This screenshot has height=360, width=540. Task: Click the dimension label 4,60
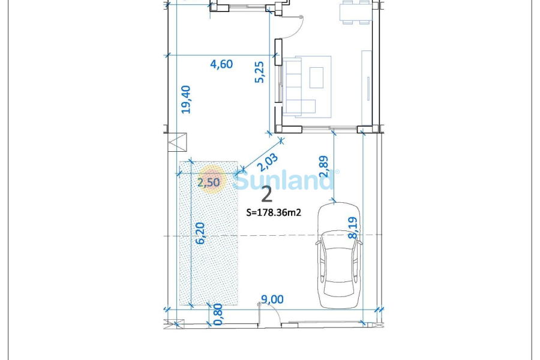click(221, 64)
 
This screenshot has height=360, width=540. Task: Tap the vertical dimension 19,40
click(186, 100)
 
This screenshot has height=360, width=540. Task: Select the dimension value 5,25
click(260, 71)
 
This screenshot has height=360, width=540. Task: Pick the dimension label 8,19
click(354, 229)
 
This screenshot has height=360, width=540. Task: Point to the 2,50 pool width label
click(209, 182)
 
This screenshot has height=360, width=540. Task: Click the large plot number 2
click(267, 194)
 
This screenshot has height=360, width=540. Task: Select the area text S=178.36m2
click(274, 212)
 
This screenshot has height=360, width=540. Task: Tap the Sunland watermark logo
click(282, 179)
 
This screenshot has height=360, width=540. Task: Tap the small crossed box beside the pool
click(178, 143)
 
